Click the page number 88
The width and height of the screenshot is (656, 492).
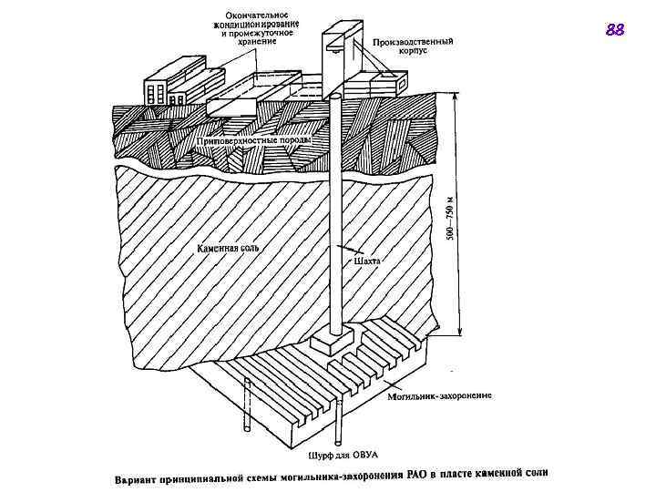point(615,31)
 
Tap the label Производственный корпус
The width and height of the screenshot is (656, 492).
point(413,46)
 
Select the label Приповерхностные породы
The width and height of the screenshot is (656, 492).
point(254,142)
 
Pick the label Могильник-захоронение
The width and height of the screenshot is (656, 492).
point(439,396)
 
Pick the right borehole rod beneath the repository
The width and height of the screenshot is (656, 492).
point(339,422)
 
